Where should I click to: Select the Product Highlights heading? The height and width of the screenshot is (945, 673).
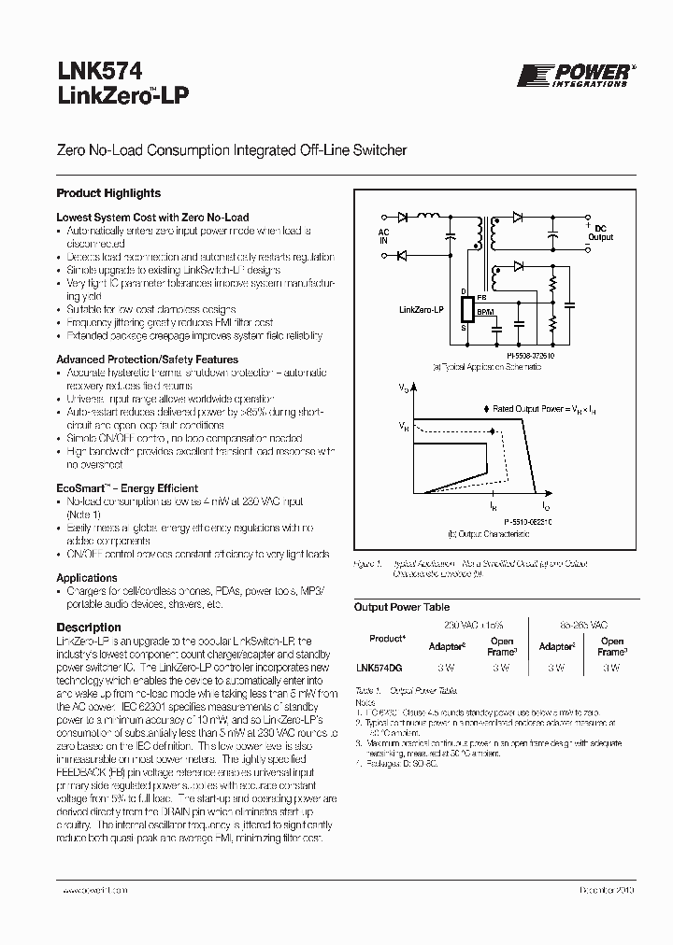point(108,193)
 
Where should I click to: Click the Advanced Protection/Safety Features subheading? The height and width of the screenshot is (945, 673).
point(147,360)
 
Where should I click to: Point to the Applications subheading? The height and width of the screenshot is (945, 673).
point(87,578)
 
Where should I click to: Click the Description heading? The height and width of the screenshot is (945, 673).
point(89,628)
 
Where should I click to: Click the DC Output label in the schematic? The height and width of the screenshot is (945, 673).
point(599,233)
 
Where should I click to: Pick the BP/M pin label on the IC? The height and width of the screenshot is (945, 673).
point(485,310)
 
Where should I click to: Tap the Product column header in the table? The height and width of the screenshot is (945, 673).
point(386,639)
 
